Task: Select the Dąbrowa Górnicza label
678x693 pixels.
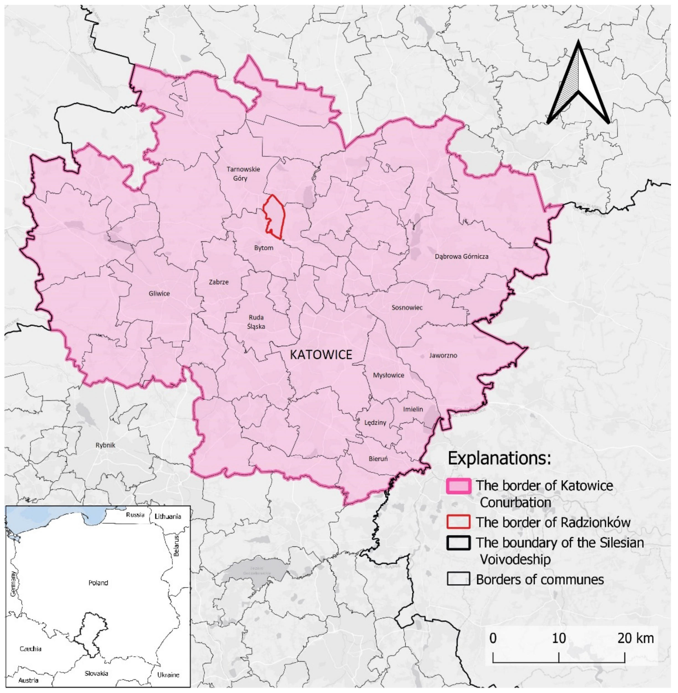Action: [x=462, y=257]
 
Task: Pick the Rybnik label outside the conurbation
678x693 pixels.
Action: [x=105, y=445]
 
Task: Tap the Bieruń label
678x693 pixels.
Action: [x=378, y=459]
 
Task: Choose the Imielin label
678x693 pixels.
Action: [x=413, y=409]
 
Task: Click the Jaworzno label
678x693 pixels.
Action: [x=443, y=355]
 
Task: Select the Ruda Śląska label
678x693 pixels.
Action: [x=256, y=322]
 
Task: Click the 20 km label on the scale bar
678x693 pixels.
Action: [x=636, y=639]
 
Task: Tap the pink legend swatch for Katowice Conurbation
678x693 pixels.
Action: [x=459, y=486]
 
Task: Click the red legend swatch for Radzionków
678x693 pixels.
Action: [x=459, y=522]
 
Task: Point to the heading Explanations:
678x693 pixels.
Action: [x=499, y=458]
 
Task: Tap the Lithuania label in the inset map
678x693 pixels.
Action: [x=168, y=516]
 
